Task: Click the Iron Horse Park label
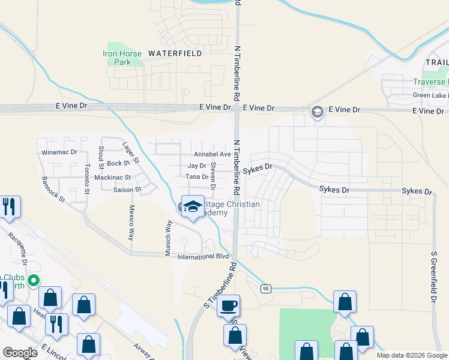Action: point(122,58)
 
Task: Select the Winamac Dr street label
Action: point(59,152)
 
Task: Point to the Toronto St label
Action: point(87,178)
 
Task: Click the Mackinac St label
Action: point(113,178)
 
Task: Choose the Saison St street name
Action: point(127,190)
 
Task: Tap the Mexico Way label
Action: point(130,223)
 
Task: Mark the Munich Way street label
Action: point(169,238)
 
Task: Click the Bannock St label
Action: point(53,187)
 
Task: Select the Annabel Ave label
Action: point(212,154)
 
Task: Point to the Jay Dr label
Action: point(197,166)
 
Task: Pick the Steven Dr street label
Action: point(213,179)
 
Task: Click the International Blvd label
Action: point(203,257)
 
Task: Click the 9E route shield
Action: point(266,289)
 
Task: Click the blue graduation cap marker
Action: point(193,206)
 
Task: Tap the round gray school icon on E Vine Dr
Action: point(317,112)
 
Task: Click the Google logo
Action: point(20,353)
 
